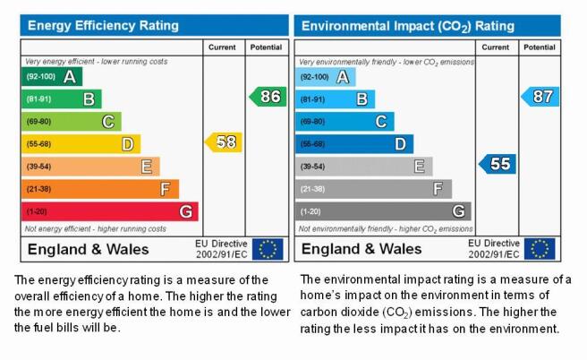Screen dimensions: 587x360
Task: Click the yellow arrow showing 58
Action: click(x=224, y=142)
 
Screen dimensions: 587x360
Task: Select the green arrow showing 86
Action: click(x=268, y=97)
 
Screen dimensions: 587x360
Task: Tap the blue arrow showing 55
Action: click(x=498, y=164)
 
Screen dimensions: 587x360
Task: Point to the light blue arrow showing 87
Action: click(x=540, y=97)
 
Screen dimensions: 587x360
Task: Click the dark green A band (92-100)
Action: click(x=52, y=77)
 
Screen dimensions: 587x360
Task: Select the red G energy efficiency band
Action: click(x=110, y=211)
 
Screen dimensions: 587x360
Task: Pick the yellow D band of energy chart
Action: click(x=81, y=144)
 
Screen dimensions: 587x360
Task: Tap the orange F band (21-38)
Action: click(x=100, y=189)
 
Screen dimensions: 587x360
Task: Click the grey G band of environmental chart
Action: click(x=383, y=211)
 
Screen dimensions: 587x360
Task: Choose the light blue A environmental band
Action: click(x=326, y=77)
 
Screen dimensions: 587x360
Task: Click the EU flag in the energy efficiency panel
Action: click(x=268, y=249)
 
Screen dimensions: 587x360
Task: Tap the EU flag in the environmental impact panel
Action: click(x=540, y=249)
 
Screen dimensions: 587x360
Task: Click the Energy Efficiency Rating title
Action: click(x=103, y=25)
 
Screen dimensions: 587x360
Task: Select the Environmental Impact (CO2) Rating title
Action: click(x=408, y=26)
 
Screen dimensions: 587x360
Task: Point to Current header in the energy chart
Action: click(x=222, y=47)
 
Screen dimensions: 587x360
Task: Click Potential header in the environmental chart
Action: click(x=540, y=47)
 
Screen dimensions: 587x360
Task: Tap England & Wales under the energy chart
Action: click(x=89, y=249)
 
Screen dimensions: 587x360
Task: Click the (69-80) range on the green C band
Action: click(x=38, y=122)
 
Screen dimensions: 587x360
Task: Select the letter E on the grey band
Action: click(x=420, y=167)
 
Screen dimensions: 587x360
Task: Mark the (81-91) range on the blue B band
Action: click(x=312, y=99)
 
